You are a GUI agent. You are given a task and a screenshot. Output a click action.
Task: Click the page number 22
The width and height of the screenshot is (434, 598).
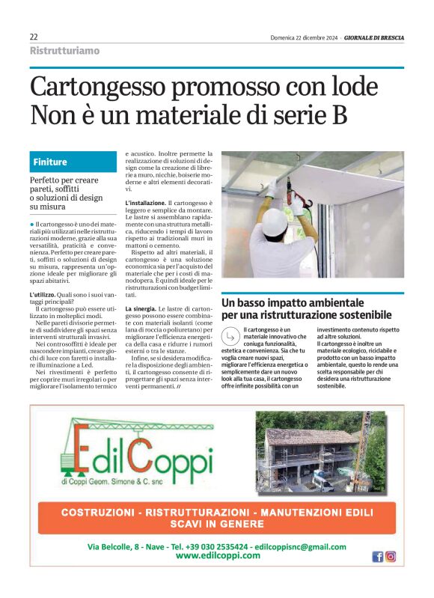34,37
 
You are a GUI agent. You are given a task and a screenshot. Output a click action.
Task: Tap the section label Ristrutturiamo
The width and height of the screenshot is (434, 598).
64,51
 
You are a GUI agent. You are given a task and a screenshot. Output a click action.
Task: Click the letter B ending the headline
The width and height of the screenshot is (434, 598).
338,115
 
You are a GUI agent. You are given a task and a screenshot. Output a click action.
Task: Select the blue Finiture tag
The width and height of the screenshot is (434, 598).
50,162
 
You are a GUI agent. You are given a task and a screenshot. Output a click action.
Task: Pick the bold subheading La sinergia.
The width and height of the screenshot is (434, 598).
140,309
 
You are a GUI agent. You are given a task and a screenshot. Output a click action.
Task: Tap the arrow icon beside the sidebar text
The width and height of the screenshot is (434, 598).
231,335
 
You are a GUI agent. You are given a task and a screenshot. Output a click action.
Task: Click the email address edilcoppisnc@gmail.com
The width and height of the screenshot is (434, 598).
300,547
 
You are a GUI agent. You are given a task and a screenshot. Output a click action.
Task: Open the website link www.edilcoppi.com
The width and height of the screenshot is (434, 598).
218,557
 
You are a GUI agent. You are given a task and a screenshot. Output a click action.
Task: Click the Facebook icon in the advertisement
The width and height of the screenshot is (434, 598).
377,556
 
